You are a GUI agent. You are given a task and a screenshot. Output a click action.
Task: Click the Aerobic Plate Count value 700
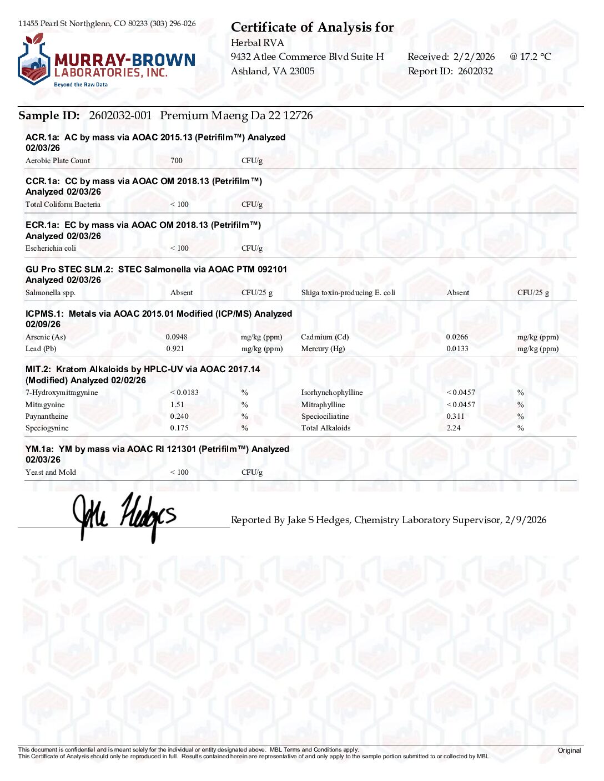click(177, 161)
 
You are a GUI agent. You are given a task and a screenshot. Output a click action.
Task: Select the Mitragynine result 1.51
click(177, 405)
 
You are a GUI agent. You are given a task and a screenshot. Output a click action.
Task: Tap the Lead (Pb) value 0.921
click(175, 349)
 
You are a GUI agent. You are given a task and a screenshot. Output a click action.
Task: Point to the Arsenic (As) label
click(46, 337)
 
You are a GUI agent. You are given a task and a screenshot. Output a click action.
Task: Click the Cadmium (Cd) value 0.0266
click(457, 337)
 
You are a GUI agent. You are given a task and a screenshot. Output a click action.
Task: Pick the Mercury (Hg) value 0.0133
click(457, 349)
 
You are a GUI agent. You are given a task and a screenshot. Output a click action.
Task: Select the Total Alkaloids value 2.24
click(454, 428)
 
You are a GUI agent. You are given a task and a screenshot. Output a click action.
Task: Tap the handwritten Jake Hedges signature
click(125, 516)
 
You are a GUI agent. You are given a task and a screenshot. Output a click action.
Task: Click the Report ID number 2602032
click(475, 71)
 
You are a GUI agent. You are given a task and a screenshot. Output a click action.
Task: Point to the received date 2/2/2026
click(474, 57)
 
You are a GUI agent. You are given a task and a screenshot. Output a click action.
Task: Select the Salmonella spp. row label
click(51, 293)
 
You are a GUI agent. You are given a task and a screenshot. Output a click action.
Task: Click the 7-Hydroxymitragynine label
click(62, 393)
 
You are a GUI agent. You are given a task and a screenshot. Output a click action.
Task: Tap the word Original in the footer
click(569, 750)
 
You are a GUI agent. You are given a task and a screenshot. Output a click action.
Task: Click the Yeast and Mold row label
click(51, 473)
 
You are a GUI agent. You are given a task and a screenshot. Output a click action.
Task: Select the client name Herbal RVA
click(258, 43)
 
